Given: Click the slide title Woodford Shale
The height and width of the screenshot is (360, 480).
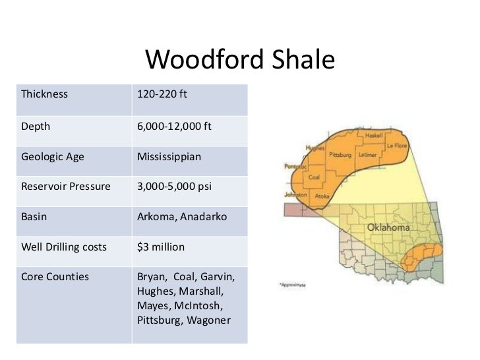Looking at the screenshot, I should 240,61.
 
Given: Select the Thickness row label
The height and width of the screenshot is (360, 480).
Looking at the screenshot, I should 45,94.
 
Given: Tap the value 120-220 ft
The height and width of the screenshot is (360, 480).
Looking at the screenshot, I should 162,94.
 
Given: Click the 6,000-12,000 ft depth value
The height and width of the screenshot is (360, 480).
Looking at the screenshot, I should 174,126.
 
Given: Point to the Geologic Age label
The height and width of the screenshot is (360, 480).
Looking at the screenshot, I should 53,158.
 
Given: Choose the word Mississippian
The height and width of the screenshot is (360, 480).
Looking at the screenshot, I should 169,158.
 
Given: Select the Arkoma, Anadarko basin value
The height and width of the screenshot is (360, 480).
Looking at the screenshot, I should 181,216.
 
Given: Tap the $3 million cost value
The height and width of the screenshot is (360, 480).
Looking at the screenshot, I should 161,247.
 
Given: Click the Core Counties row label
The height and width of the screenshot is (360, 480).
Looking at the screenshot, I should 55,277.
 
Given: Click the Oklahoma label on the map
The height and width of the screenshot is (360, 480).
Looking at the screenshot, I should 388,227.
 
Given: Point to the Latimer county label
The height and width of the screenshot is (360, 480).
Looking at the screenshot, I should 367,155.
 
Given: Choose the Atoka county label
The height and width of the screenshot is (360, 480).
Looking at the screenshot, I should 322,196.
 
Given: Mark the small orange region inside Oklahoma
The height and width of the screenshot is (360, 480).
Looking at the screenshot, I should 421,258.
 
